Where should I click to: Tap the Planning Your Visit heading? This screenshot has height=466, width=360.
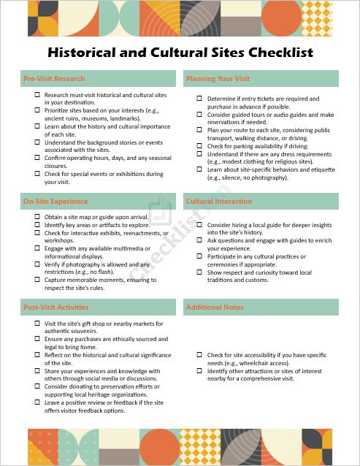218,78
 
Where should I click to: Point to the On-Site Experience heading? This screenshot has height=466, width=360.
55,201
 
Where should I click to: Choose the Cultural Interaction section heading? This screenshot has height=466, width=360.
219,201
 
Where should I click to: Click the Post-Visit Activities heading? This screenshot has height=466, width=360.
56,308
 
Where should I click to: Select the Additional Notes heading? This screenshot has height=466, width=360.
215,308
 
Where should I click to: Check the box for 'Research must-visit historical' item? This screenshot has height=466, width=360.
37,95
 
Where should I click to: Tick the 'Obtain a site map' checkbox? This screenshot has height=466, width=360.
37,217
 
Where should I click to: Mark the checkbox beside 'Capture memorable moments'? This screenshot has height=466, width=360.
37,280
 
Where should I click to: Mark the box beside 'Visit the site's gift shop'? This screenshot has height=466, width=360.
37,323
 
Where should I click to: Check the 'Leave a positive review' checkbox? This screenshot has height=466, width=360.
37,402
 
